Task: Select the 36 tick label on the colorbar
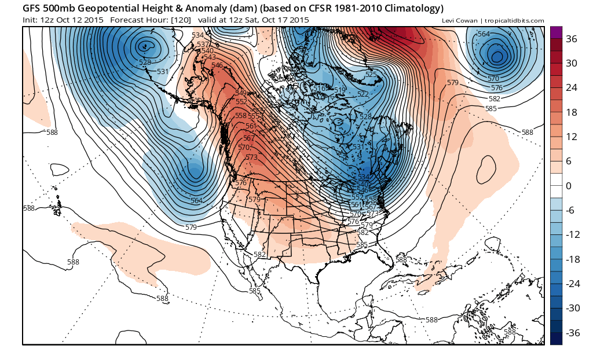click(x=572, y=39)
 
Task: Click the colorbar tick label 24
click(x=572, y=88)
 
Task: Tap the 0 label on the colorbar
click(x=569, y=186)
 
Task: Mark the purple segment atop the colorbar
click(x=555, y=32)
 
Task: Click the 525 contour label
click(x=371, y=75)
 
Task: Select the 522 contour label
click(x=363, y=94)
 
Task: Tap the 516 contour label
click(x=340, y=90)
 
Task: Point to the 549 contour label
click(x=241, y=93)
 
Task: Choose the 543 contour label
click(x=209, y=57)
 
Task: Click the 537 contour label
click(x=203, y=45)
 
